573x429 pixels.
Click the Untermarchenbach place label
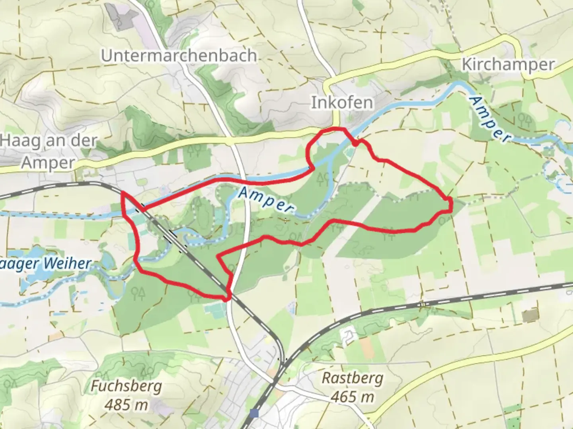pyautogui.click(x=179, y=56)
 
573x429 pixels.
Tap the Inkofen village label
pyautogui.click(x=342, y=103)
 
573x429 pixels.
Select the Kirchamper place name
pyautogui.click(x=508, y=64)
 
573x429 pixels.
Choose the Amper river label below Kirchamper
pyautogui.click(x=489, y=119)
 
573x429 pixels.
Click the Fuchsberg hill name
pyautogui.click(x=127, y=386)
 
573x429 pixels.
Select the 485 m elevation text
pyautogui.click(x=127, y=405)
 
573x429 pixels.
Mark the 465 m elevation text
pyautogui.click(x=352, y=396)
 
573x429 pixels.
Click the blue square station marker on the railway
pyautogui.click(x=255, y=414)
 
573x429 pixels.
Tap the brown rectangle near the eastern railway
pyautogui.click(x=529, y=316)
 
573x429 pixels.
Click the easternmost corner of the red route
pyautogui.click(x=452, y=205)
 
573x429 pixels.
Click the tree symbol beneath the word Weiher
pyautogui.click(x=138, y=293)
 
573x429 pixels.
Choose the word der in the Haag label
pyautogui.click(x=83, y=141)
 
